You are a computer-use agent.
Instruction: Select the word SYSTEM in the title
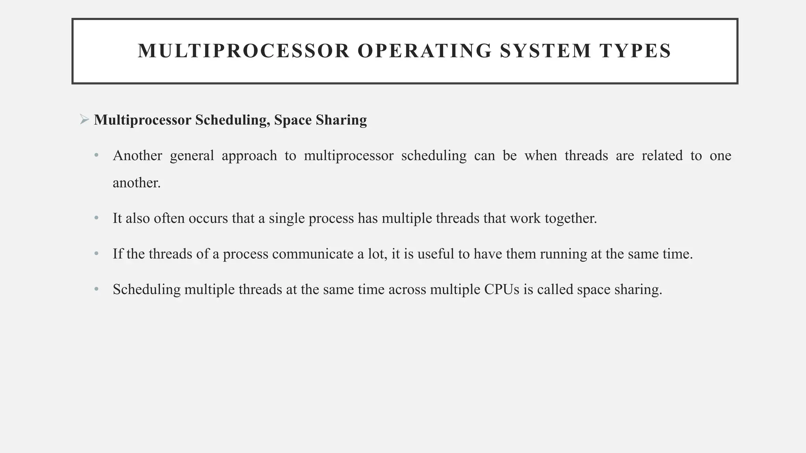545,51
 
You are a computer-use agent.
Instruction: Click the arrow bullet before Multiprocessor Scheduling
84,120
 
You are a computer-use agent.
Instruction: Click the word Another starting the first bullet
137,156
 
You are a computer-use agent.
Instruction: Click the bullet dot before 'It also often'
96,218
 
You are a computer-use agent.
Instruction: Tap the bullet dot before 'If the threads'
96,254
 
